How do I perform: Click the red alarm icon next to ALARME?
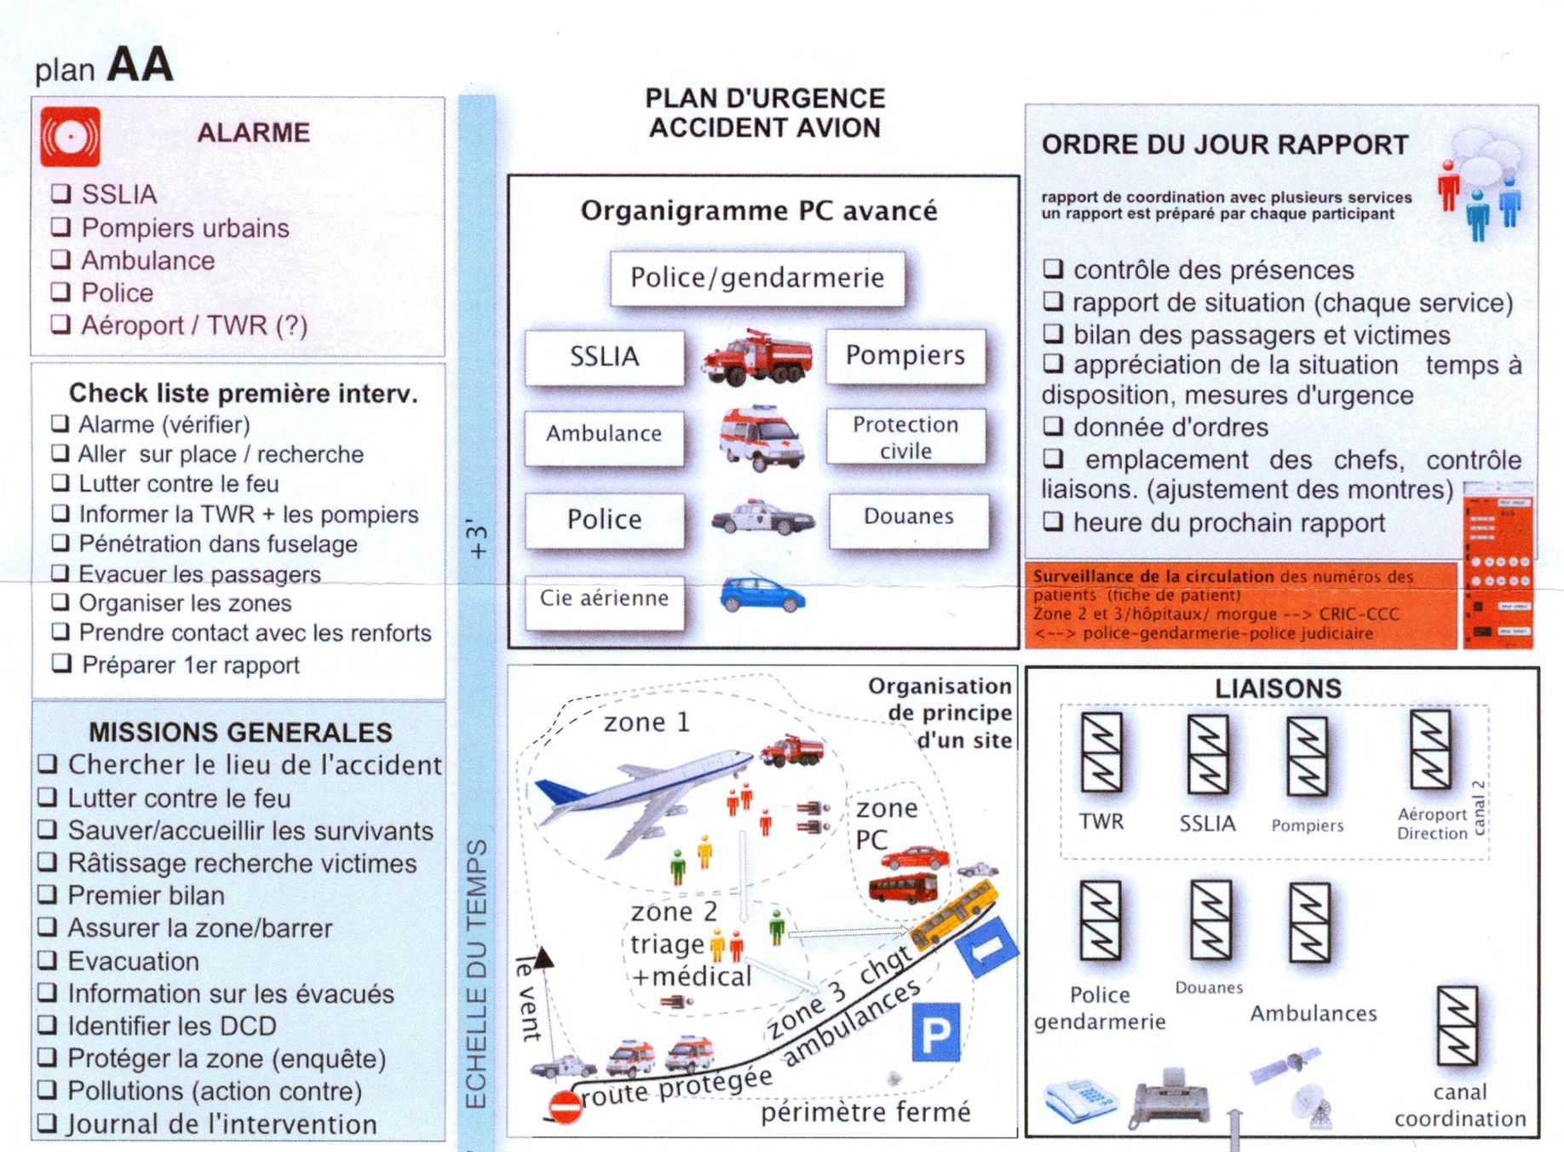coord(70,136)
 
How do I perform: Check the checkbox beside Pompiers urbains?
coord(60,228)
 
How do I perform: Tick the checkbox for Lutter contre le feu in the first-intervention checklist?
coord(60,483)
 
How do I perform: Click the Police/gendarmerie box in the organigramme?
coord(756,278)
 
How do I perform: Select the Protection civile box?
coord(906,437)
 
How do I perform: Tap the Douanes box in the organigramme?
coord(908,517)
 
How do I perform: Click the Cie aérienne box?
coord(604,599)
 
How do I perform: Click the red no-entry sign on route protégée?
coord(564,1106)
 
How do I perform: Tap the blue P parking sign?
coord(935,1032)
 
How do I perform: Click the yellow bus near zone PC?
coord(955,915)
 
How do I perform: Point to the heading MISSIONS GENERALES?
coord(240,732)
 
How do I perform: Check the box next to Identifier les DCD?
coord(48,1025)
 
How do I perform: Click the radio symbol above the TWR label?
coord(1101,753)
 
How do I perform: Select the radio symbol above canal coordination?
coord(1457,1026)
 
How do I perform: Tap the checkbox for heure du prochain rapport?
coord(1053,521)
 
